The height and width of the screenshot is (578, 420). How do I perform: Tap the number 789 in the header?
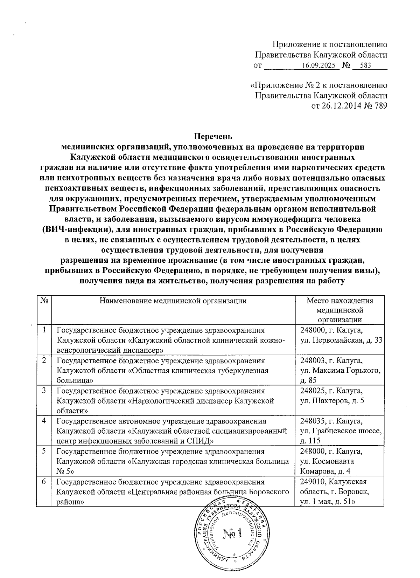coord(381,105)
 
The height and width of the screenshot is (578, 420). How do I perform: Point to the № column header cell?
coord(44,301)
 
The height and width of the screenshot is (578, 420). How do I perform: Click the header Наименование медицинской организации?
coord(173,301)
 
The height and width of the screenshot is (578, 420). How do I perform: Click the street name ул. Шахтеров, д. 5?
coord(332,400)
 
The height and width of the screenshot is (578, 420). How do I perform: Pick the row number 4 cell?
coord(44,421)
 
